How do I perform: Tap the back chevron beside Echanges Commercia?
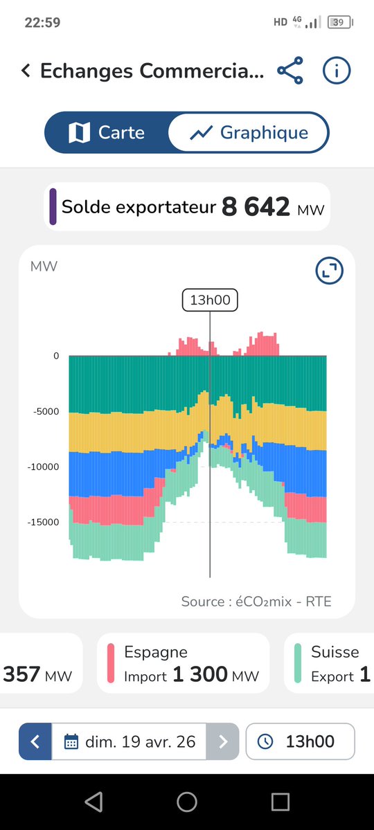pyautogui.click(x=26, y=71)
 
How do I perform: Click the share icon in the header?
pyautogui.click(x=290, y=71)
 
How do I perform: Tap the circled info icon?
pyautogui.click(x=337, y=71)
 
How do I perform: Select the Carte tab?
pyautogui.click(x=107, y=132)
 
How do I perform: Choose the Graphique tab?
pyautogui.click(x=249, y=132)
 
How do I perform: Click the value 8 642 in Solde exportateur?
pyautogui.click(x=256, y=207)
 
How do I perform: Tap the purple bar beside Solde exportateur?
pyautogui.click(x=53, y=206)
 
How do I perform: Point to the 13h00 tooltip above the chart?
pyautogui.click(x=210, y=300)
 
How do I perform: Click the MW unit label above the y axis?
pyautogui.click(x=44, y=267)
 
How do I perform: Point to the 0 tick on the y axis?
pyautogui.click(x=56, y=356)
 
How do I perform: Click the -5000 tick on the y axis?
pyautogui.click(x=47, y=411)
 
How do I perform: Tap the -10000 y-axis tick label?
pyautogui.click(x=44, y=467)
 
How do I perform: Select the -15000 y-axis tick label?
pyautogui.click(x=44, y=522)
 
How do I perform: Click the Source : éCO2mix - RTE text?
pyautogui.click(x=256, y=601)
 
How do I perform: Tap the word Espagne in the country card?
pyautogui.click(x=155, y=651)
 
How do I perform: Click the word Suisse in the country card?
pyautogui.click(x=335, y=651)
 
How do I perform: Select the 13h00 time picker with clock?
pyautogui.click(x=300, y=742)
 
